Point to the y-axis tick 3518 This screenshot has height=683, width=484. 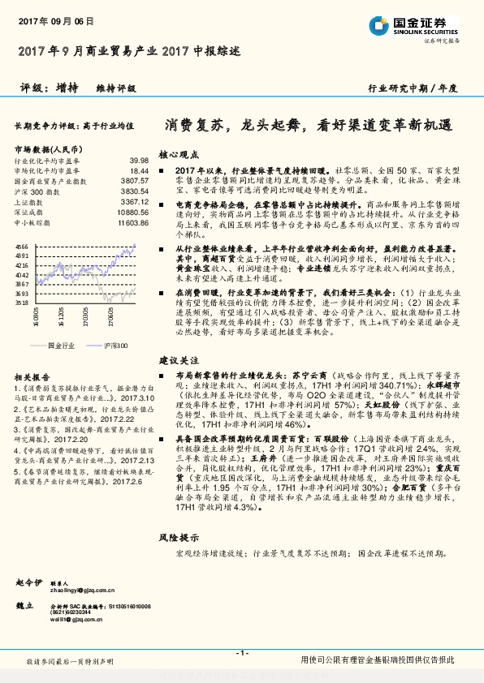[x=22, y=303]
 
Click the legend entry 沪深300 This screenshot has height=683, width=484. [x=115, y=345]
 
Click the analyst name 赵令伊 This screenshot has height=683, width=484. [x=29, y=560]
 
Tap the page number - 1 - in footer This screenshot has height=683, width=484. [x=241, y=653]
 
